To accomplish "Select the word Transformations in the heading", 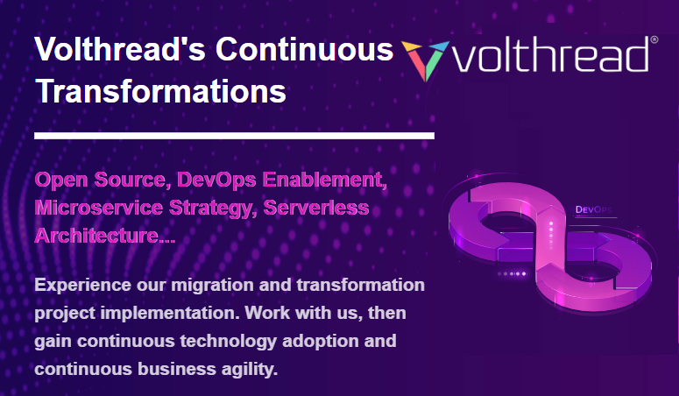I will point(160,91).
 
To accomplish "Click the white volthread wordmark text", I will point(551,57).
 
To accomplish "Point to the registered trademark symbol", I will point(654,40).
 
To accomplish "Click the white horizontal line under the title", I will point(234,135).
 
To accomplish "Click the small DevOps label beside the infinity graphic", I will point(594,210).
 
